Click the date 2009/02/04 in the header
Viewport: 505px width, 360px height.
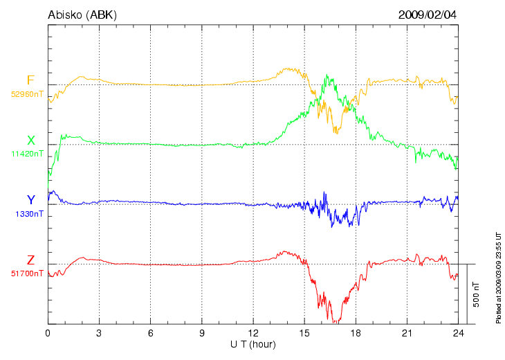(428, 15)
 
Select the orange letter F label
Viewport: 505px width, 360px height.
(30, 80)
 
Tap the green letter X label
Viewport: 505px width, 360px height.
(30, 141)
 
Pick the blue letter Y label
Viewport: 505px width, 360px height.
(30, 201)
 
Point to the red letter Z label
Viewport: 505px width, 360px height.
(30, 260)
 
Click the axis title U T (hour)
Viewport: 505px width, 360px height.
(252, 344)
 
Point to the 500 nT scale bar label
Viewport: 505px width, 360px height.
(477, 294)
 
